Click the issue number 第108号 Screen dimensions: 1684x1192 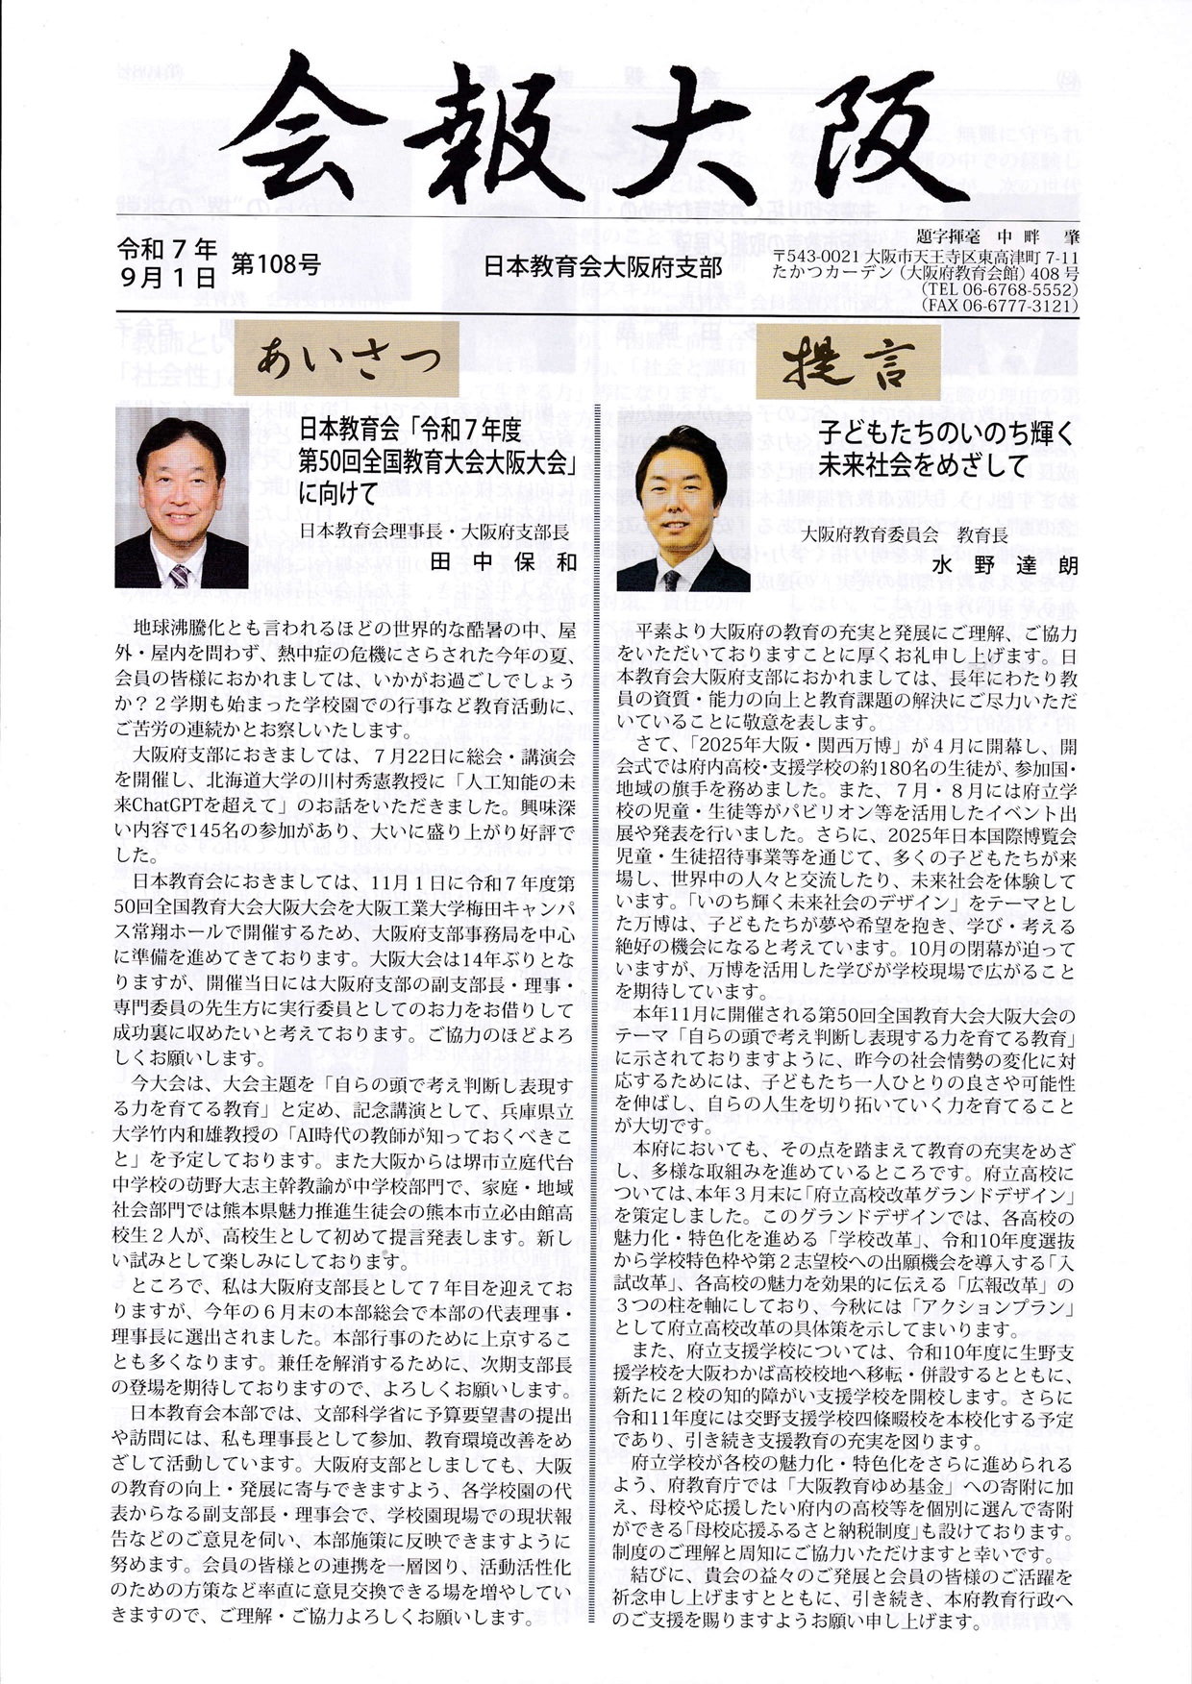(x=276, y=264)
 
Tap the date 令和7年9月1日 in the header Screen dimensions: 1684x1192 (x=167, y=264)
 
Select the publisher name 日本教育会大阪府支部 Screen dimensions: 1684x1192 (x=602, y=266)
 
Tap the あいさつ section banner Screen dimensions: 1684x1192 (x=346, y=359)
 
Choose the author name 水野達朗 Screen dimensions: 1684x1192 (x=1008, y=565)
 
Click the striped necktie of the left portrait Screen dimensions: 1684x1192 (x=179, y=577)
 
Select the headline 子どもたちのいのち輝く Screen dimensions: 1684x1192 (x=945, y=433)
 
